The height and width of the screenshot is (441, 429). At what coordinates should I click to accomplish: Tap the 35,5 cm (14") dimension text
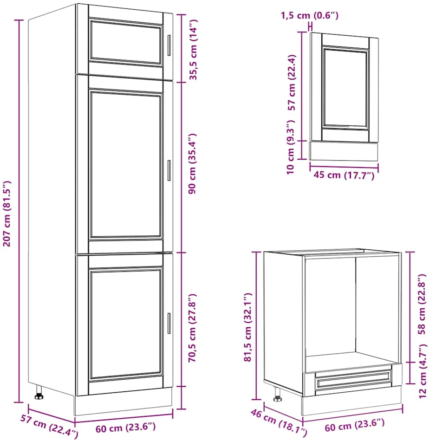(x=194, y=50)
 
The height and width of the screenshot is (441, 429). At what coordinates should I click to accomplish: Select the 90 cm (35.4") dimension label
(x=193, y=164)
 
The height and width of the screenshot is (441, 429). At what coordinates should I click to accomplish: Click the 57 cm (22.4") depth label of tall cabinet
(x=49, y=426)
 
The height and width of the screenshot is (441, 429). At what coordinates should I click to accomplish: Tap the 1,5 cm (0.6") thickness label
(x=309, y=15)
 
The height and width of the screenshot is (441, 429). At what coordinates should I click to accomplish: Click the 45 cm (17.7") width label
(x=344, y=175)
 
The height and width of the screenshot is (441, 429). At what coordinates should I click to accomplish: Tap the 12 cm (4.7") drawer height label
(x=423, y=371)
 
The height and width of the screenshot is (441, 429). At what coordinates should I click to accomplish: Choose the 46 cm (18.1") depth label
(x=279, y=423)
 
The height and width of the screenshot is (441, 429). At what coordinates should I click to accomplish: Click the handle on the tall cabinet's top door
(x=169, y=45)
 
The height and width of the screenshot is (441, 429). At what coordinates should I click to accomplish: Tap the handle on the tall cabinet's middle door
(x=169, y=170)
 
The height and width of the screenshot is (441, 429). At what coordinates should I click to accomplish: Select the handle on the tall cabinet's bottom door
(x=169, y=323)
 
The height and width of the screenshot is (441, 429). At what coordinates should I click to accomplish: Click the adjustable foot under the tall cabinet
(x=39, y=393)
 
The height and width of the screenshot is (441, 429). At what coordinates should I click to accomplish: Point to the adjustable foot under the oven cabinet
(x=277, y=394)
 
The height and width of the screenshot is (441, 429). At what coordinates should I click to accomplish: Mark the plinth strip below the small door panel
(x=344, y=151)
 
